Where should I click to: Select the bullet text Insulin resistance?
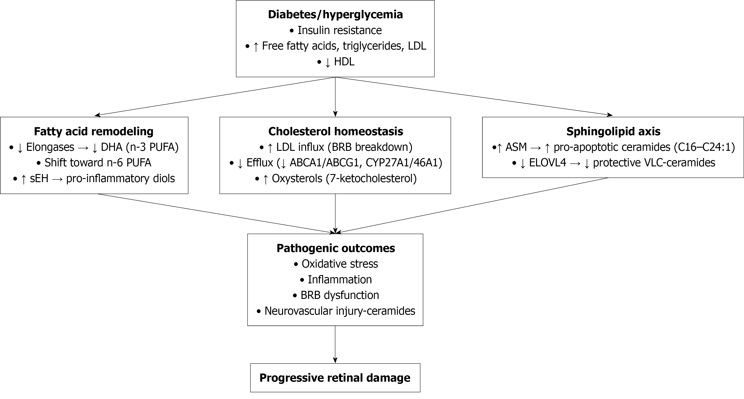(339, 30)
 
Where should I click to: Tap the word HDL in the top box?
(344, 62)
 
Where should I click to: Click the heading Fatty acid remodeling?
(94, 132)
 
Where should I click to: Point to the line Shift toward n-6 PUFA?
(98, 163)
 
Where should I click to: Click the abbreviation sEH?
(39, 179)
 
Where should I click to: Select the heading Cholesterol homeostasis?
(335, 132)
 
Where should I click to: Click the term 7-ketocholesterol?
(371, 179)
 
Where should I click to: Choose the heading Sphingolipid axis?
(613, 132)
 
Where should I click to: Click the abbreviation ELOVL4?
(547, 163)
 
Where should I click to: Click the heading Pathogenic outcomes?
(336, 248)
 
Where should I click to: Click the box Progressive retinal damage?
(335, 378)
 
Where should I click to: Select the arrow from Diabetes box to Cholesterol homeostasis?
(335, 97)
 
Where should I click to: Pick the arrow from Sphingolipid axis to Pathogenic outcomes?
(474, 205)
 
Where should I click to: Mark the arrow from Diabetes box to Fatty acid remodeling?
(215, 96)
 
